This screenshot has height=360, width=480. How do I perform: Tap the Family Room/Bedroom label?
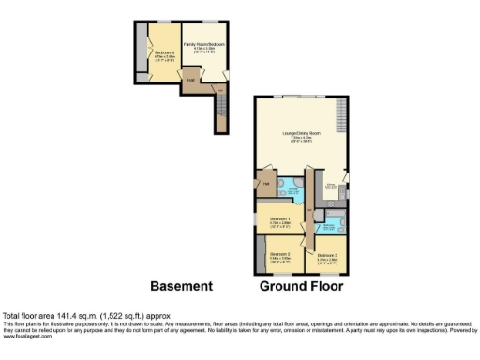pos(204,46)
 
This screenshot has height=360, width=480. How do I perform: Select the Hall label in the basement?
pos(189,81)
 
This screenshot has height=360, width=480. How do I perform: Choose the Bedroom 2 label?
pos(279,255)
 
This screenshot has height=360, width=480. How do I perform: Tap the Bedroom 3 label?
pos(326,255)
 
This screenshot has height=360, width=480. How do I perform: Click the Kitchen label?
pos(331,186)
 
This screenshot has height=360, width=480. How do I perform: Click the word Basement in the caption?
pos(182,286)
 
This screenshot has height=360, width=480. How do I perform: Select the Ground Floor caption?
pos(301,286)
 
